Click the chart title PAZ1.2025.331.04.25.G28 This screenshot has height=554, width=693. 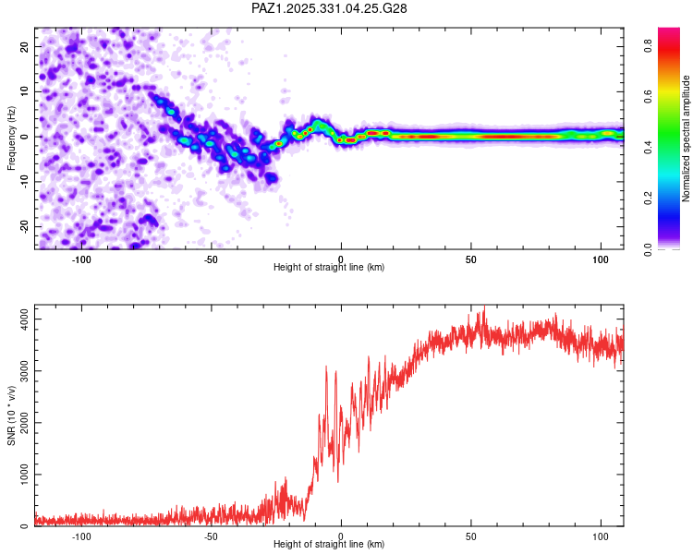(x=330, y=8)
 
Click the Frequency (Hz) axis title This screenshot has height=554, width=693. (x=11, y=138)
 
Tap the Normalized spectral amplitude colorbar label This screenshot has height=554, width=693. (x=687, y=138)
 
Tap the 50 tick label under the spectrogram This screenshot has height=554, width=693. (x=471, y=259)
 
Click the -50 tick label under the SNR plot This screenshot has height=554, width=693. (x=211, y=536)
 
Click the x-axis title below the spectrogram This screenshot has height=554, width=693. (x=329, y=268)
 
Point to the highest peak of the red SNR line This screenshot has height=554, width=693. (x=484, y=308)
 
